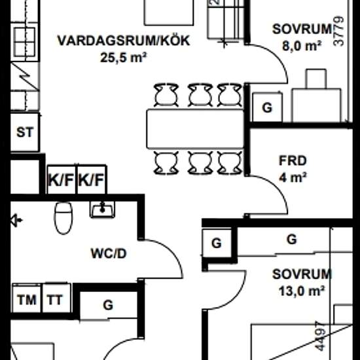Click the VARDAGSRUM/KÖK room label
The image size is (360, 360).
click(x=123, y=41)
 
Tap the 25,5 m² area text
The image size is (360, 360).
click(x=123, y=57)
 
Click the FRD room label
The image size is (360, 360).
click(x=293, y=159)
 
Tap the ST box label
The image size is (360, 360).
click(x=25, y=132)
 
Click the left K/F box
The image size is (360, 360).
click(x=60, y=179)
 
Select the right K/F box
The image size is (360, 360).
click(x=92, y=179)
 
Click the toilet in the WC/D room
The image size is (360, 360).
click(x=63, y=218)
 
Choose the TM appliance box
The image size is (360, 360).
click(x=26, y=300)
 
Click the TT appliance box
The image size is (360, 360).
click(x=55, y=300)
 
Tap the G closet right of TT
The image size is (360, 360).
click(x=108, y=304)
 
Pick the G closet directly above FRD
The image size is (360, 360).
click(x=267, y=108)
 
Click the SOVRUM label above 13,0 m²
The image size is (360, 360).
click(x=302, y=274)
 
